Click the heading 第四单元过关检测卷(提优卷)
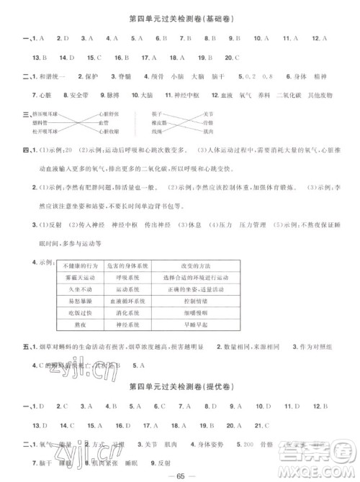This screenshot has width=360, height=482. [x=180, y=388]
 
